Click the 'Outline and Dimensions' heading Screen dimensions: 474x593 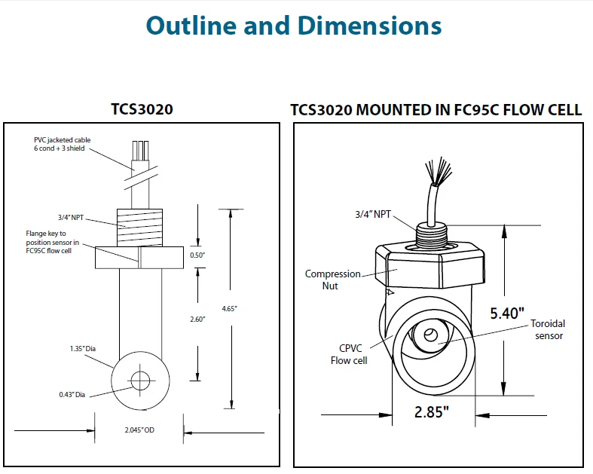tap(293, 26)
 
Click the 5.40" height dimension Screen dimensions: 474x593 tap(506, 313)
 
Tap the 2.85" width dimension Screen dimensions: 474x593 tap(432, 411)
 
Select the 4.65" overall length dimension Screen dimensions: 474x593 tap(229, 308)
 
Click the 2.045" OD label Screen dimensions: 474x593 tap(139, 430)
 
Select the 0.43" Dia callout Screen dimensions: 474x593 tap(73, 394)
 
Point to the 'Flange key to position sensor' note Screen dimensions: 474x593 tap(52, 242)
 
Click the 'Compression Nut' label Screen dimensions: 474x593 tap(332, 280)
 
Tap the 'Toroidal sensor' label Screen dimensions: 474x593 tap(547, 329)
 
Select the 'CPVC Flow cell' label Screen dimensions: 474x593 tap(349, 354)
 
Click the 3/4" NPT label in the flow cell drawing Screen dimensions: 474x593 tap(374, 215)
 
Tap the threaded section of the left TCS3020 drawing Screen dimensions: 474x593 tap(139, 226)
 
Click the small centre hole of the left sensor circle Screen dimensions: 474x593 tap(139, 381)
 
